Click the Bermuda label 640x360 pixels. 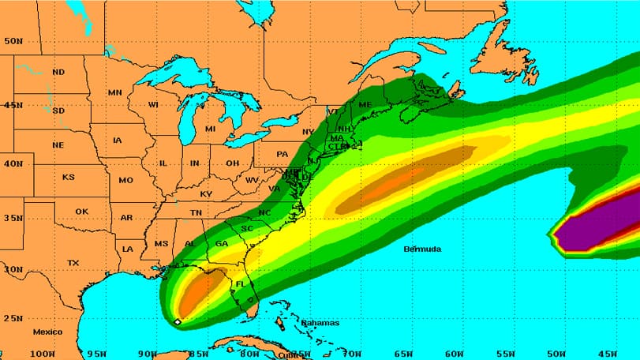[422, 249]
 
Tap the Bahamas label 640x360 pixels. [320, 322]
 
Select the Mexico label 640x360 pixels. [47, 332]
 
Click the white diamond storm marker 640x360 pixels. [178, 322]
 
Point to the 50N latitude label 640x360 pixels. [12, 41]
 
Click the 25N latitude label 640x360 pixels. [12, 318]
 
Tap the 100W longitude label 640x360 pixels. [42, 353]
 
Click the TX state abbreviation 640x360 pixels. [73, 263]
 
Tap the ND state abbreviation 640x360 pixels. [58, 72]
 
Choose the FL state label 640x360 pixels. [241, 283]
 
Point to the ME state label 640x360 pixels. [365, 105]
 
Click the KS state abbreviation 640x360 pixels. [68, 177]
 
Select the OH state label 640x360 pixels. [232, 163]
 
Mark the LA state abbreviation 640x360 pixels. [128, 249]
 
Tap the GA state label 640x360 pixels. [221, 244]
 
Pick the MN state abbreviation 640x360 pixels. [115, 92]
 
